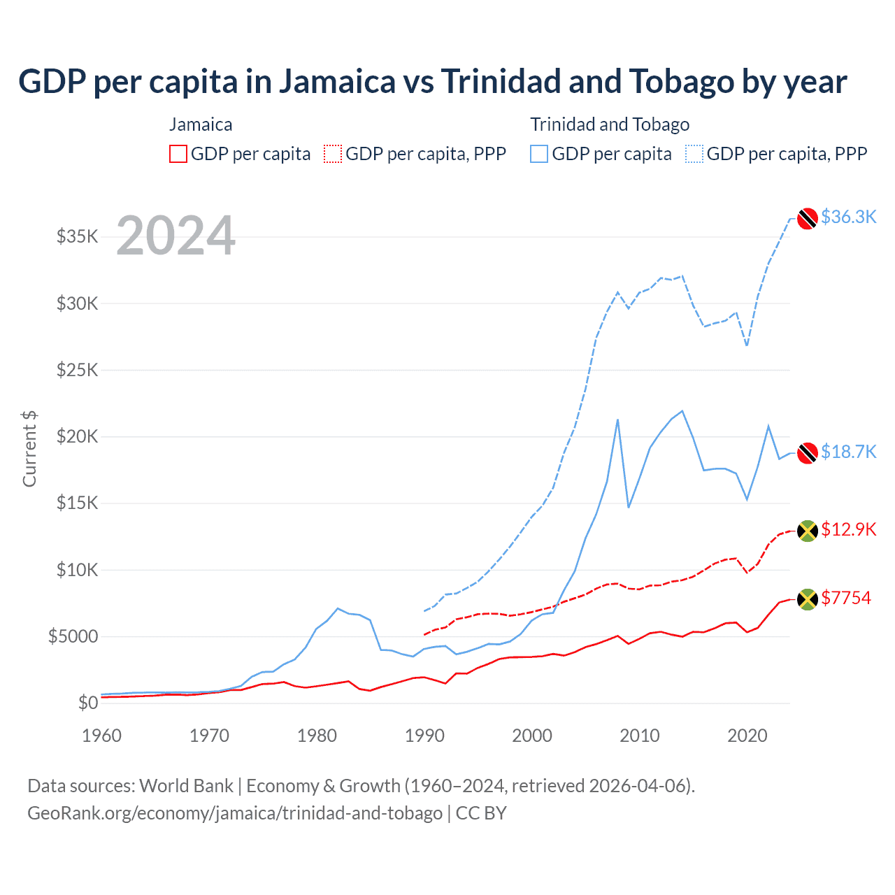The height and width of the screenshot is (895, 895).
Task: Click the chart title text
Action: click(432, 82)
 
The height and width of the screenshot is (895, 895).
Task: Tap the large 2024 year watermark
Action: click(176, 236)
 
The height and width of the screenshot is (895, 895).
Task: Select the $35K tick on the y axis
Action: click(77, 236)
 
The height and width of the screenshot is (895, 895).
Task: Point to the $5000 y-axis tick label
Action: click(73, 636)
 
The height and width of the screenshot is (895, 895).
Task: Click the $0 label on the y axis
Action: click(87, 703)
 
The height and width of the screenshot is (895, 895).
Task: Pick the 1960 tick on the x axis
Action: click(102, 736)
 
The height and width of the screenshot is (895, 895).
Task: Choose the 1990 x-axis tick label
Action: click(424, 736)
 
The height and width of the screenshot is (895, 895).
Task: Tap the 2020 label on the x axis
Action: click(747, 736)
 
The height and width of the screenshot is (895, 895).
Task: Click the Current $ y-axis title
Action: click(29, 448)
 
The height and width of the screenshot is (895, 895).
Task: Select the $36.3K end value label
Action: click(848, 217)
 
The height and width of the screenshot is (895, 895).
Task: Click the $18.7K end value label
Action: click(848, 452)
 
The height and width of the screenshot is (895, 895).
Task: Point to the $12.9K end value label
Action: click(848, 529)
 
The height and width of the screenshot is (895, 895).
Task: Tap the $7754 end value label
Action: click(846, 598)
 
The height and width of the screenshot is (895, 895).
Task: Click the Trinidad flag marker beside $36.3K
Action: click(808, 218)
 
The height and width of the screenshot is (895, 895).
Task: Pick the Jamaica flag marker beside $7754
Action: click(808, 599)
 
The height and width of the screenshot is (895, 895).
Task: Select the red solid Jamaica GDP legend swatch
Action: click(178, 154)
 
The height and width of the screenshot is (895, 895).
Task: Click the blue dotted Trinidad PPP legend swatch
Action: click(694, 154)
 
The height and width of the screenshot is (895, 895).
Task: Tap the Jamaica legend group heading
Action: click(201, 124)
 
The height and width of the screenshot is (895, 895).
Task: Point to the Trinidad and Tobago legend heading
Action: click(610, 124)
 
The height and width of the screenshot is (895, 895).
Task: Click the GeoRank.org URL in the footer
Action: click(235, 813)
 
